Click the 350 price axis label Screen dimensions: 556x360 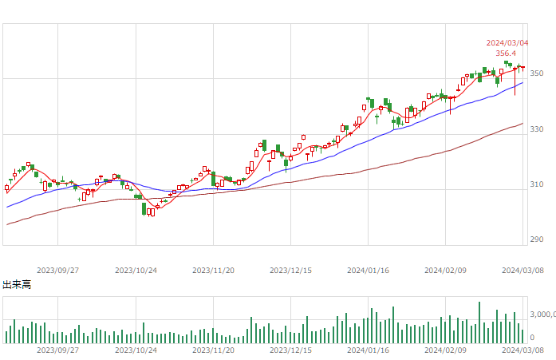click(537, 73)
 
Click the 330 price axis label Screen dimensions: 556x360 click(537, 129)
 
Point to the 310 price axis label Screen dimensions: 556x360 click(537, 184)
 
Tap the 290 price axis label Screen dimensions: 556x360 click(537, 239)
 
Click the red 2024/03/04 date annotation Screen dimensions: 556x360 click(507, 43)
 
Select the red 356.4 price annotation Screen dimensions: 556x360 click(506, 53)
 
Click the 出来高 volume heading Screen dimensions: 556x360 click(17, 284)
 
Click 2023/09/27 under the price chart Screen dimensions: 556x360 click(57, 271)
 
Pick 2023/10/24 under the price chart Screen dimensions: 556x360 click(136, 271)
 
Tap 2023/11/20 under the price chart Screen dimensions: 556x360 click(213, 271)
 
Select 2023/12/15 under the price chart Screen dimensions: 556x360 click(290, 271)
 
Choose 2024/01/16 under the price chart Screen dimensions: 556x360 click(368, 271)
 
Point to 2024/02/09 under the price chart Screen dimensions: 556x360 click(445, 271)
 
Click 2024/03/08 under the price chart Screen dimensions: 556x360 click(522, 271)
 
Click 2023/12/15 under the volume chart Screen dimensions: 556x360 click(290, 350)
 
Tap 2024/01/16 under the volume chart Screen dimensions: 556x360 click(368, 350)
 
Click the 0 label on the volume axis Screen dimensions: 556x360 click(532, 338)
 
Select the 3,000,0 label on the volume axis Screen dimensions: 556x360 click(543, 315)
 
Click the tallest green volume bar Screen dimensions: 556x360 click(479, 322)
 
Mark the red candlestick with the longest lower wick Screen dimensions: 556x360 click(515, 81)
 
